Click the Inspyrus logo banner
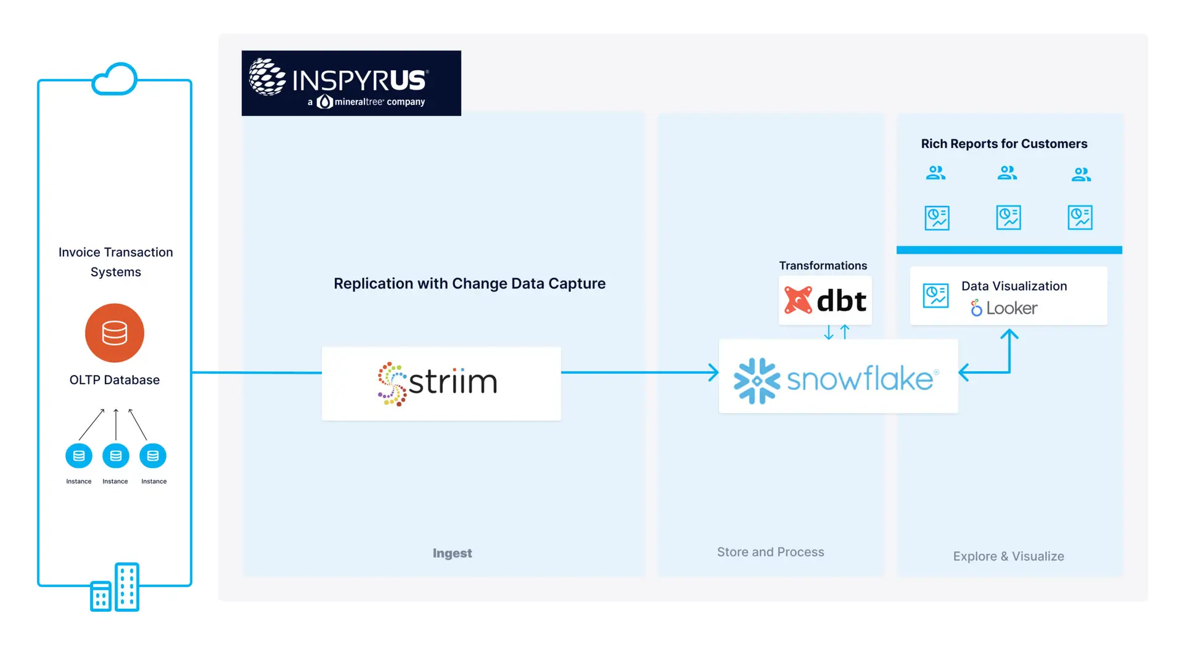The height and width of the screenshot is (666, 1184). [x=351, y=83]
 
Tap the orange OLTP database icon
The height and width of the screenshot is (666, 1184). [x=115, y=333]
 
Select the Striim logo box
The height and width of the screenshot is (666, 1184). [x=441, y=383]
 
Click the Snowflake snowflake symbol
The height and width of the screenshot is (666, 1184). [x=757, y=380]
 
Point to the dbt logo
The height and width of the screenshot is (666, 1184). [x=825, y=300]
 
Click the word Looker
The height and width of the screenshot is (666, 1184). [x=1011, y=308]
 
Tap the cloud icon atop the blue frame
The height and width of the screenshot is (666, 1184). [x=115, y=79]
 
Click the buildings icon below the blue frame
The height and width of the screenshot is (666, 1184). [x=115, y=587]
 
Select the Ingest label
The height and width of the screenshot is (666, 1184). [x=452, y=553]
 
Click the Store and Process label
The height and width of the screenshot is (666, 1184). [x=770, y=552]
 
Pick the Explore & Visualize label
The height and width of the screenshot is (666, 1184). [x=1008, y=556]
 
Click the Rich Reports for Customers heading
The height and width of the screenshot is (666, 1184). [x=1004, y=144]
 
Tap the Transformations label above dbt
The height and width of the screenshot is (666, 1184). [x=823, y=266]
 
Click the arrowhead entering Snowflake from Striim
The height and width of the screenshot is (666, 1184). [x=714, y=372]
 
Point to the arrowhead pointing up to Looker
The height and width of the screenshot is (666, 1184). [x=1009, y=334]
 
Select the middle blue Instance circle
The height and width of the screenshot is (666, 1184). [x=116, y=456]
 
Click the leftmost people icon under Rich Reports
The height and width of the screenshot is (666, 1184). [x=935, y=173]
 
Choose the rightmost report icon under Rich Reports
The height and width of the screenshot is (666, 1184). [x=1080, y=218]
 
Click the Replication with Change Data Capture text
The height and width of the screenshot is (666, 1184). [x=469, y=284]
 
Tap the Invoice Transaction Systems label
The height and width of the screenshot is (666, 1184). [x=116, y=262]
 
